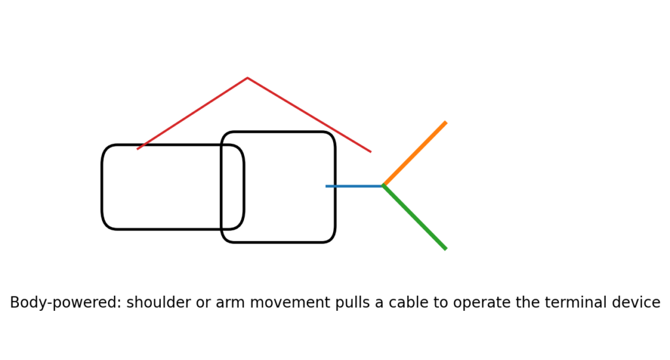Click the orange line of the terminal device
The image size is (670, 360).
414,154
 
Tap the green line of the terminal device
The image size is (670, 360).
414,217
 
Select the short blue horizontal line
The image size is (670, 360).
354,186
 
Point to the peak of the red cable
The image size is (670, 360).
247,78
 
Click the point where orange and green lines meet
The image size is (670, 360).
383,185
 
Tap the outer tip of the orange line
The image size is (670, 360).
446,122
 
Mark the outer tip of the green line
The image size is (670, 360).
446,249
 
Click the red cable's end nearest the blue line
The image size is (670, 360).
371,152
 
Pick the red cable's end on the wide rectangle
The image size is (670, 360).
137,149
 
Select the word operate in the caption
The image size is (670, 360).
482,302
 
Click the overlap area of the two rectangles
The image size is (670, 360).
232,187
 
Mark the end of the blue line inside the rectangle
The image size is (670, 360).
326,186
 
